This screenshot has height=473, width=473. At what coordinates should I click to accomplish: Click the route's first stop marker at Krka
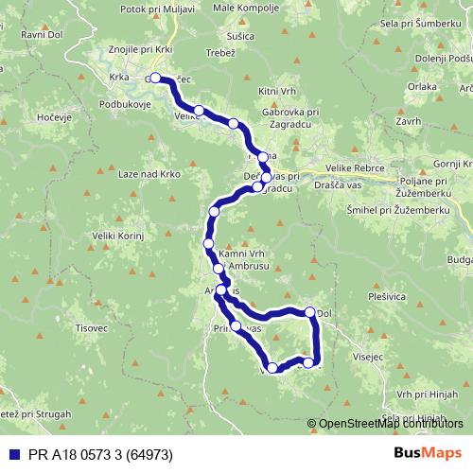(155, 79)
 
